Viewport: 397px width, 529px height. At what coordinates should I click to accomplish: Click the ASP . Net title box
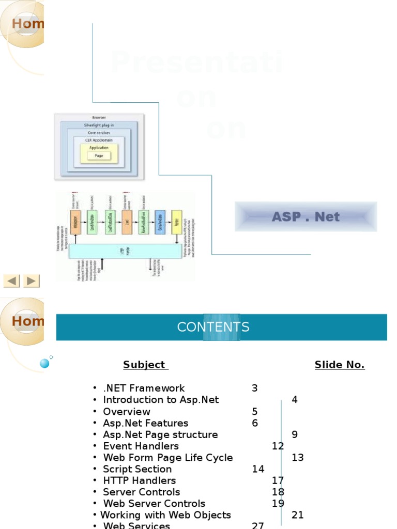(306, 216)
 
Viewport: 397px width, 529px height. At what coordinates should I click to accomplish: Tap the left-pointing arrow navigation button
(11, 281)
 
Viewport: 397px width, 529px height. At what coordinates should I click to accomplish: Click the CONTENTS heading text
(213, 327)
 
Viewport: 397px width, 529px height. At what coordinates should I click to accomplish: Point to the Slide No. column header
(339, 365)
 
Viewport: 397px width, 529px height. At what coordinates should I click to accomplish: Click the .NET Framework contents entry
(144, 388)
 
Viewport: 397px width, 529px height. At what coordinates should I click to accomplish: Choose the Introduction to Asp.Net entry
(161, 399)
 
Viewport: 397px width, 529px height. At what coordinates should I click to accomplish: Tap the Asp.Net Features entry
(145, 423)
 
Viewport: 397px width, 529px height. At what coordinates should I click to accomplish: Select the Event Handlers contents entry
(141, 446)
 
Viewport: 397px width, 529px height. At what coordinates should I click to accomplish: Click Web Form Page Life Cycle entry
(167, 458)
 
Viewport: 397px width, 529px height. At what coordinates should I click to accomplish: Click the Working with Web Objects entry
(165, 515)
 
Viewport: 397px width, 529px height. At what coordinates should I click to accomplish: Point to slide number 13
(298, 458)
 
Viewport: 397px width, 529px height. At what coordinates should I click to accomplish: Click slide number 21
(298, 515)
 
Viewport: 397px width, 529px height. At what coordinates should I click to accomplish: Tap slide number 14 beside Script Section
(258, 469)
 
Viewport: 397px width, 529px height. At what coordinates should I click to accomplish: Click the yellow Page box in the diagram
(99, 155)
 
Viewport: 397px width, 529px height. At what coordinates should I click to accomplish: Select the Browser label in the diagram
(99, 118)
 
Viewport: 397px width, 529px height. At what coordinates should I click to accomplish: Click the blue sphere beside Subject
(44, 363)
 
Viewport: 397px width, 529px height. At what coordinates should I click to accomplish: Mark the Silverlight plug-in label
(99, 125)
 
